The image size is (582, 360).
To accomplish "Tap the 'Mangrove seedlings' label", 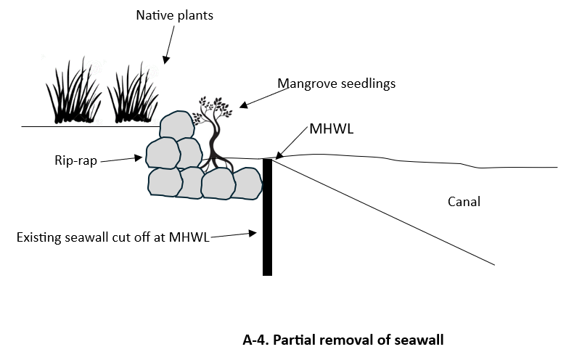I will [336, 83].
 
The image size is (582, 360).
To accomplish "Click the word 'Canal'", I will [464, 202].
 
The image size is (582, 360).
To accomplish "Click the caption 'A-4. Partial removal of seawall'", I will [342, 338].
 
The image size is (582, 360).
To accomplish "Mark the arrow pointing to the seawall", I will [233, 235].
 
